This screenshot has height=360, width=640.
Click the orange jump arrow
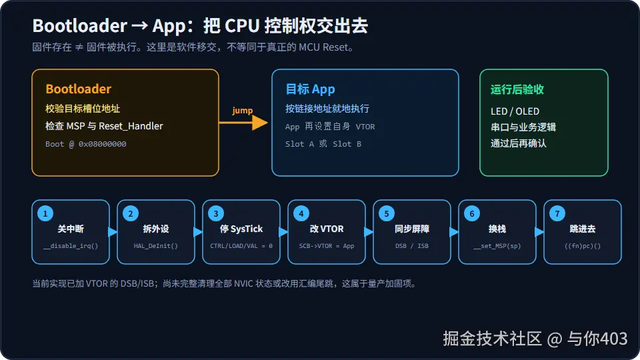pos(243,123)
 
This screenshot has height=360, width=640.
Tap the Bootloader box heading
pos(79,89)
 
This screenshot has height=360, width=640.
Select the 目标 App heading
pos(310,89)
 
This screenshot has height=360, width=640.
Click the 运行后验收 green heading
pos(517,89)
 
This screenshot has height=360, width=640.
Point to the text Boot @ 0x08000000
pos(86,144)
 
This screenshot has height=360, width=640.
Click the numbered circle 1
pos(45,213)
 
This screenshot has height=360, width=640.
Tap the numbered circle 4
pos(301,213)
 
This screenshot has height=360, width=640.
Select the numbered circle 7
pos(557,213)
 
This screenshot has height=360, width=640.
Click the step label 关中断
pos(71,229)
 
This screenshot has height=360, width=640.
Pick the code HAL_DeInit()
pos(156,246)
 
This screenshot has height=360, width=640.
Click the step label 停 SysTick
pos(241,229)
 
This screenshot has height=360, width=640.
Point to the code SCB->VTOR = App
pos(327,246)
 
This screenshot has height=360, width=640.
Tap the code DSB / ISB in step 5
pos(412,246)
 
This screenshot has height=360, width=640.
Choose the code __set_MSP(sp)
pos(497,246)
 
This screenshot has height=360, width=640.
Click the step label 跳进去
pos(583,229)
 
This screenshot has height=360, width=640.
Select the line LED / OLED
pos(515,111)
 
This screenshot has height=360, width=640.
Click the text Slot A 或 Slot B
pos(323,144)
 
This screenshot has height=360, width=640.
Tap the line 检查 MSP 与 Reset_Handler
pos(104,126)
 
